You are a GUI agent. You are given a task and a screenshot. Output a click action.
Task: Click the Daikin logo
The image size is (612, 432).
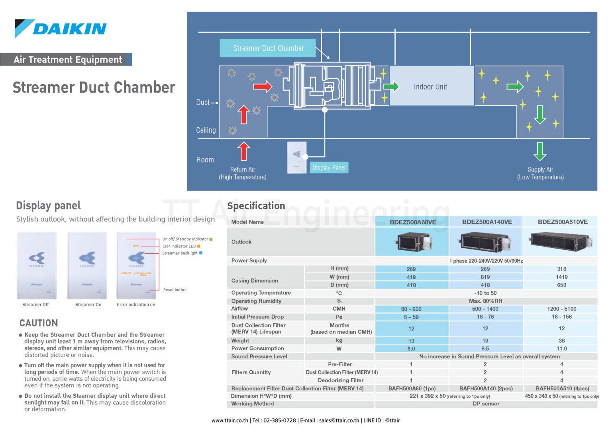[x=61, y=29]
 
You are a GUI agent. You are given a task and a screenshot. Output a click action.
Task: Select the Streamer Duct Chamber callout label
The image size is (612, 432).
[x=268, y=48]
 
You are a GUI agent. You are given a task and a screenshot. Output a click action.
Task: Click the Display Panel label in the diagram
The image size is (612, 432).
[x=329, y=167]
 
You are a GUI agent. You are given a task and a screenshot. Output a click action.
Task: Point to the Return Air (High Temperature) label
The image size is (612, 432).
[x=243, y=173]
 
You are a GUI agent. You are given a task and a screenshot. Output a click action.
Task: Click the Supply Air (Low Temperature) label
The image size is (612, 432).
[x=540, y=173]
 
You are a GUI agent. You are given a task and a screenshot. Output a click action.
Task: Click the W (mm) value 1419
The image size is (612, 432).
[x=561, y=277]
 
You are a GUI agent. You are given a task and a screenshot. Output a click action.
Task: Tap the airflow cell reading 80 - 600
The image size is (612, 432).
[x=411, y=309]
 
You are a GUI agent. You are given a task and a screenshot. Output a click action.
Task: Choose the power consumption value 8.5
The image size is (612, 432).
[x=485, y=348]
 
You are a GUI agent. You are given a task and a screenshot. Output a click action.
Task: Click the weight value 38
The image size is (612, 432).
[x=561, y=341]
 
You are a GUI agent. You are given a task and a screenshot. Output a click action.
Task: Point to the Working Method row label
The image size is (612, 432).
[x=253, y=404]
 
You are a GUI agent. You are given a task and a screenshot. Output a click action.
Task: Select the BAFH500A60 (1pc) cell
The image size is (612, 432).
[x=412, y=388]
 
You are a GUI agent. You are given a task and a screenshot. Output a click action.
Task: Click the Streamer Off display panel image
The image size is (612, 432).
[x=37, y=266]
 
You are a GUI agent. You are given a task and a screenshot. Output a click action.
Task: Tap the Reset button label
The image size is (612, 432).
[x=175, y=290]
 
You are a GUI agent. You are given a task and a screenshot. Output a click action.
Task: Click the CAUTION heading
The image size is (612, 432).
[x=39, y=323]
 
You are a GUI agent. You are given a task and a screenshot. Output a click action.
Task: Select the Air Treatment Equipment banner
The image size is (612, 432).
[x=67, y=60]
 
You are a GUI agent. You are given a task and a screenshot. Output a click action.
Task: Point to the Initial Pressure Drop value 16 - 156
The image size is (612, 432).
[x=561, y=317]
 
